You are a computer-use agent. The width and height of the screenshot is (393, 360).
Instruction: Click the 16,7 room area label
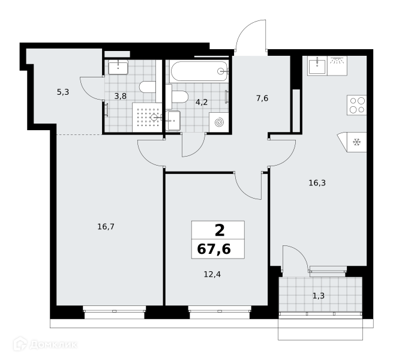tap(106, 227)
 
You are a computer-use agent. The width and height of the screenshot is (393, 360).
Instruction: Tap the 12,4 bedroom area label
tap(212, 275)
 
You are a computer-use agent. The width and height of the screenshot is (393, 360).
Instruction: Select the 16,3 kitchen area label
tap(317, 183)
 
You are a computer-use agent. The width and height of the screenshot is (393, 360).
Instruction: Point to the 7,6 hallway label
tap(262, 98)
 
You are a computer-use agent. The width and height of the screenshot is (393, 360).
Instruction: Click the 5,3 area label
tap(63, 92)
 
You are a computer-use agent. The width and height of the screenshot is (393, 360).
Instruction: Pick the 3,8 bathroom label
tap(121, 96)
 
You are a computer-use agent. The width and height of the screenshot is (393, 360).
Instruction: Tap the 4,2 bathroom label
tap(202, 102)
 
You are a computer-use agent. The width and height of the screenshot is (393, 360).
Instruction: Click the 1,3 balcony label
tap(319, 296)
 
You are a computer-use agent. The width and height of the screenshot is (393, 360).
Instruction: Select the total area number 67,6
tap(214, 249)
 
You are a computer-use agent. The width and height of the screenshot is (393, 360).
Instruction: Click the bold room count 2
tap(220, 230)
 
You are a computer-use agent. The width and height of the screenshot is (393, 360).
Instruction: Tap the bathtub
tap(199, 71)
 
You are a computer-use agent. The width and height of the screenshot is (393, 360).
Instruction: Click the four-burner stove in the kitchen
tap(356, 105)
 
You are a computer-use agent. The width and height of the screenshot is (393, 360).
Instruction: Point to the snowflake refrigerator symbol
tap(356, 142)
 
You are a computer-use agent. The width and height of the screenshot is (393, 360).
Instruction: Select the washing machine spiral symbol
tap(219, 122)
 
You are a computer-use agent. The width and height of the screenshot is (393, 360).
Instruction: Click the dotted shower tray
tap(147, 117)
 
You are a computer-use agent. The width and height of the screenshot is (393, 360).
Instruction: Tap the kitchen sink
tap(317, 65)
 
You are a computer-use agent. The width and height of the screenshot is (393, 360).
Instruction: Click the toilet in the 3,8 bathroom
tap(148, 87)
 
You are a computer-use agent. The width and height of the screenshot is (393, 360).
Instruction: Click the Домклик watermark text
tap(53, 345)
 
